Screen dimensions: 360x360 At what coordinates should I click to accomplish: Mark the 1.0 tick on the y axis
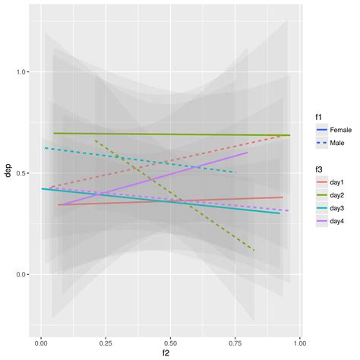pos(22,72)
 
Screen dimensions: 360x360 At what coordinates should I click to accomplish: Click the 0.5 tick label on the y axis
pos(22,173)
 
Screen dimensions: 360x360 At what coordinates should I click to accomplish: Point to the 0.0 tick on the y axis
pos(22,275)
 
